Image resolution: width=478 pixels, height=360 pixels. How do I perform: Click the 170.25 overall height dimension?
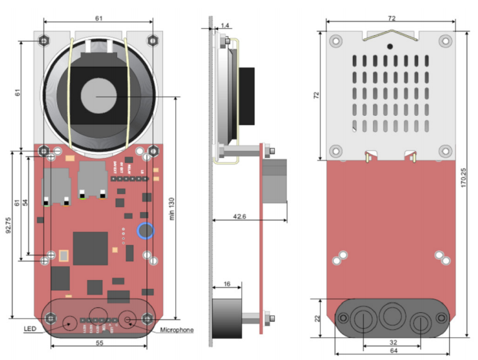464,183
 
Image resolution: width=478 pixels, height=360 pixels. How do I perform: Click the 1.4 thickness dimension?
225,25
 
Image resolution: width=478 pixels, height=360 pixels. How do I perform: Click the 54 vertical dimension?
25,203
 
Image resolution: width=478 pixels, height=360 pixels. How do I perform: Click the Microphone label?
177,330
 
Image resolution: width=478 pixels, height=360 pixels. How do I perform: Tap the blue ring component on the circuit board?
145,231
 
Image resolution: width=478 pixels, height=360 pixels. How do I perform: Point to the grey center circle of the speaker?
98,96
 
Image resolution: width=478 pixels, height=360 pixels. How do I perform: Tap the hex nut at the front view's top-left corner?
43,40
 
